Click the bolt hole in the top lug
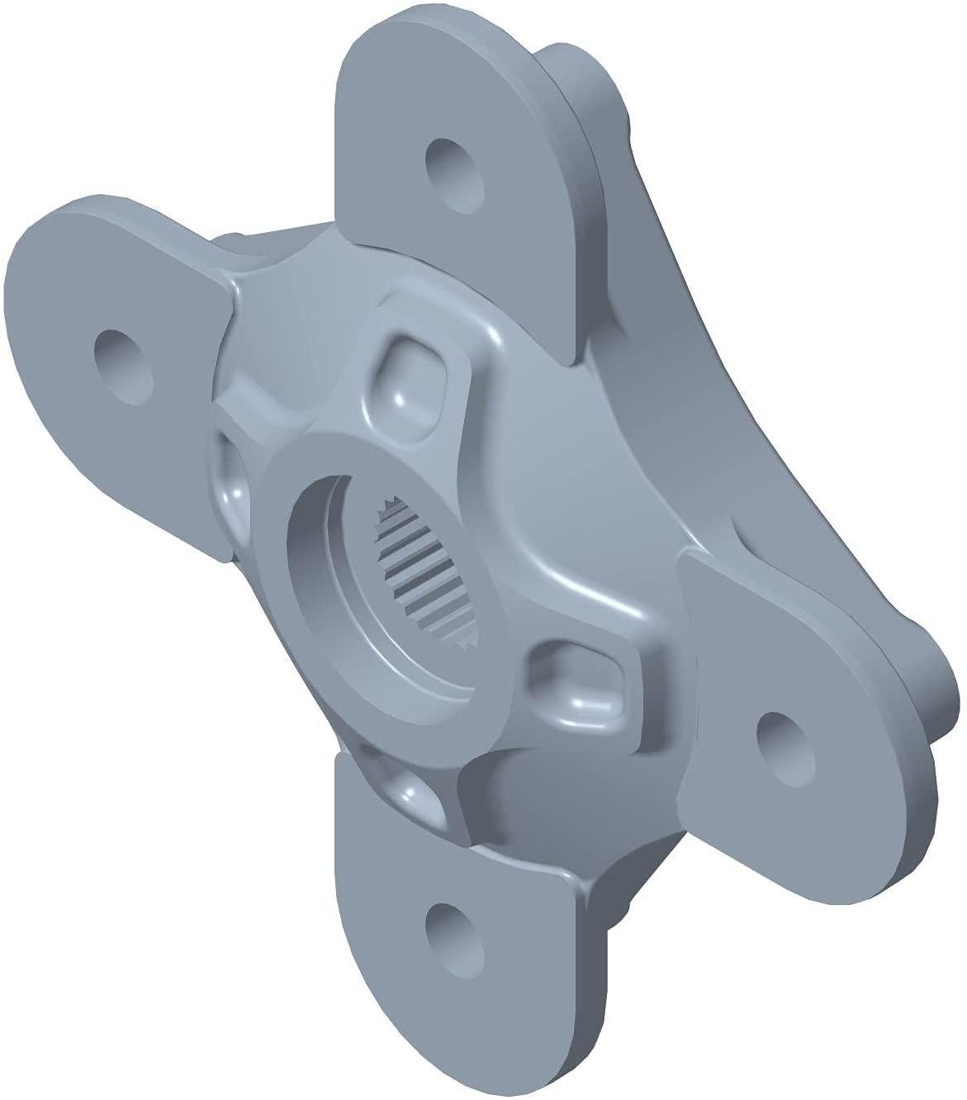tap(455, 167)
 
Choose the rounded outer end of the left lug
tap(33, 347)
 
